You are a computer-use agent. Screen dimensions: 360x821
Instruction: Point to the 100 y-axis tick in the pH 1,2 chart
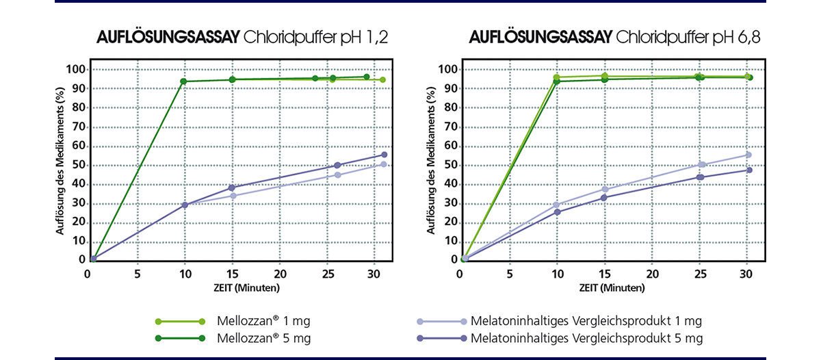coord(75,69)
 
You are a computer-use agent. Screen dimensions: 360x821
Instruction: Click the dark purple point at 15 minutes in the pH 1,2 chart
coord(232,188)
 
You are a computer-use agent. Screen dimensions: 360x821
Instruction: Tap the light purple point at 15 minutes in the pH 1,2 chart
coord(233,196)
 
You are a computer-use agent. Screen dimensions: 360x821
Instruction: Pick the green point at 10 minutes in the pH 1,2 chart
coord(183,81)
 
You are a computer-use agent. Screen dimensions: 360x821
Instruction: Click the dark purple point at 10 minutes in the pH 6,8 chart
coord(557,211)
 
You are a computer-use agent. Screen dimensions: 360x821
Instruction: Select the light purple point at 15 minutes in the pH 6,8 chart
coord(604,190)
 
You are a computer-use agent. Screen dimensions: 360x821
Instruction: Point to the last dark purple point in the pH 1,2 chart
coord(384,155)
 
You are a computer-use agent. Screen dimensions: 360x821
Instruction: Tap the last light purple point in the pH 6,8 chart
coord(748,155)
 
